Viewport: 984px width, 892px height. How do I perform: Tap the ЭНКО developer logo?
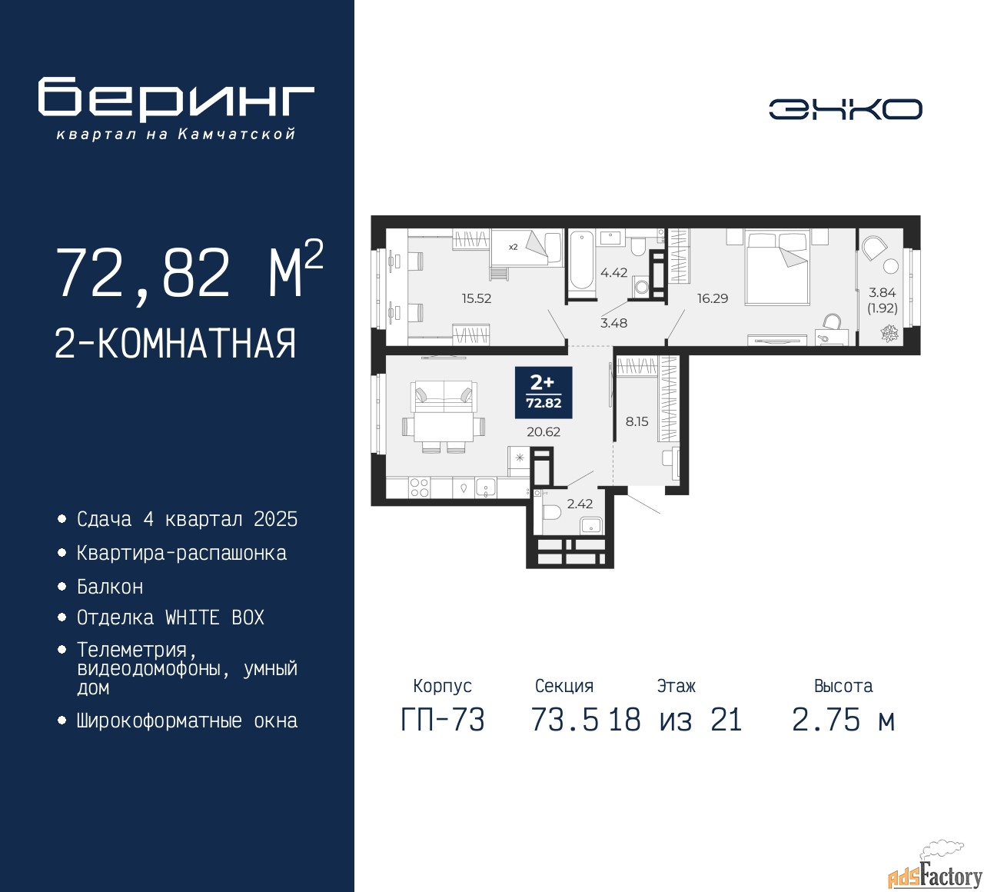[x=845, y=108]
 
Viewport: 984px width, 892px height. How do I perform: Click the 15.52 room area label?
[x=477, y=298]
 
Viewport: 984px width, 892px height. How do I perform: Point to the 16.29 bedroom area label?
[x=713, y=298]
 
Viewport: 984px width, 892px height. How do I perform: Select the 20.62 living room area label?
[x=544, y=431]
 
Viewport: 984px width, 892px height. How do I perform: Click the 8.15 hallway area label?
[x=637, y=421]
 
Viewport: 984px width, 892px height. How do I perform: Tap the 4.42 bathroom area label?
[x=613, y=273]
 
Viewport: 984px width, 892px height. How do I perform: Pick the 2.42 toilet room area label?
[x=580, y=504]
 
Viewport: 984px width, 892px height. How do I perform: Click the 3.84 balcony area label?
[x=882, y=293]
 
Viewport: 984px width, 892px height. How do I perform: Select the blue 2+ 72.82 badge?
[x=544, y=392]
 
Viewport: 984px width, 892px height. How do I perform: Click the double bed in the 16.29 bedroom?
[x=776, y=268]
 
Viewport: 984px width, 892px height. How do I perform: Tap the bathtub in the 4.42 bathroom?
[x=582, y=261]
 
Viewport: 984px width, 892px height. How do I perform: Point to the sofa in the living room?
[x=444, y=397]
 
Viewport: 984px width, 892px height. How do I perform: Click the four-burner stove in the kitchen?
[x=420, y=488]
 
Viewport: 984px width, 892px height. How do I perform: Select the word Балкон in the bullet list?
[x=110, y=587]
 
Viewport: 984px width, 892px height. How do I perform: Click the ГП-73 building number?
[x=443, y=720]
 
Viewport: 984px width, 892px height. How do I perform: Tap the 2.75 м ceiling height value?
[x=843, y=720]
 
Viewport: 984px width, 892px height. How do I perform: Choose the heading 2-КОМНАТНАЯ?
[x=175, y=344]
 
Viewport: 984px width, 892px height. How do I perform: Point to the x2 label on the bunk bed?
[x=513, y=247]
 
